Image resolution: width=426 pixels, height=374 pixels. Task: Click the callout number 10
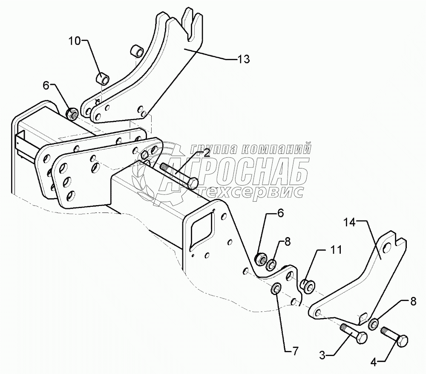click(x=74, y=41)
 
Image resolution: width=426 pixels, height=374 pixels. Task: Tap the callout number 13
click(x=243, y=59)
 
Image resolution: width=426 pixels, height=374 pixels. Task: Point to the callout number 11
click(x=336, y=250)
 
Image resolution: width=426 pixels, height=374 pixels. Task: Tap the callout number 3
click(x=323, y=354)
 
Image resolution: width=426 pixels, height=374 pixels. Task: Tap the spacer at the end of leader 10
click(x=104, y=79)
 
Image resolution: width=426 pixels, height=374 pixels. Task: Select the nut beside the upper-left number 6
click(x=72, y=114)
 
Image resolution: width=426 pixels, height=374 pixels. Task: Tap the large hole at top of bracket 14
click(x=387, y=248)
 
